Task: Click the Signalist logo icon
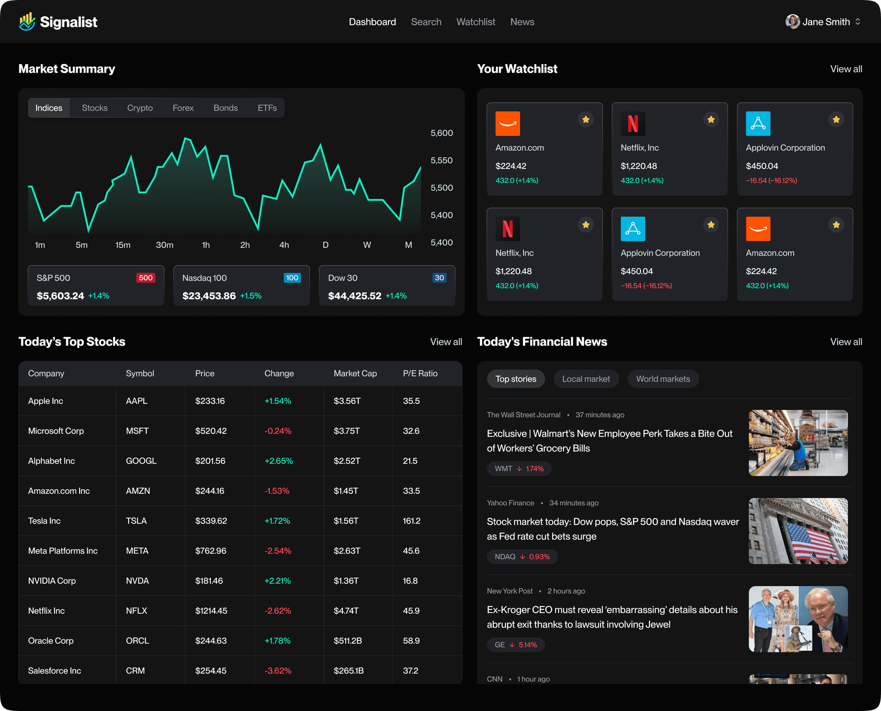pyautogui.click(x=27, y=22)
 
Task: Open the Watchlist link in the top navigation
pyautogui.click(x=475, y=22)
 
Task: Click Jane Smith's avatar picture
pyautogui.click(x=792, y=22)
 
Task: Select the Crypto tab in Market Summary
pyautogui.click(x=140, y=108)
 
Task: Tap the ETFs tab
pyautogui.click(x=267, y=108)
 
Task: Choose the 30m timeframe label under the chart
pyautogui.click(x=164, y=245)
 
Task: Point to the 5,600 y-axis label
pyautogui.click(x=441, y=133)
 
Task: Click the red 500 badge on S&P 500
pyautogui.click(x=145, y=278)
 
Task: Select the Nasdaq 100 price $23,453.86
pyautogui.click(x=209, y=296)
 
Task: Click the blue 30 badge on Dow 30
pyautogui.click(x=439, y=278)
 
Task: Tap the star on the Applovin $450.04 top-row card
pyautogui.click(x=836, y=120)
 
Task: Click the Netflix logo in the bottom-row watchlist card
pyautogui.click(x=508, y=229)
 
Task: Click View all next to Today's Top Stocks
pyautogui.click(x=446, y=342)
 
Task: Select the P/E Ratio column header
pyautogui.click(x=420, y=373)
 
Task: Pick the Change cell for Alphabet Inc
pyautogui.click(x=278, y=461)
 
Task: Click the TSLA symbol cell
pyautogui.click(x=136, y=521)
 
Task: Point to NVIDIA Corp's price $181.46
pyautogui.click(x=209, y=581)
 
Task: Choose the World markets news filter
pyautogui.click(x=662, y=379)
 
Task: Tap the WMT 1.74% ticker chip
pyautogui.click(x=519, y=469)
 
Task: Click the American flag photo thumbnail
pyautogui.click(x=798, y=531)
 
